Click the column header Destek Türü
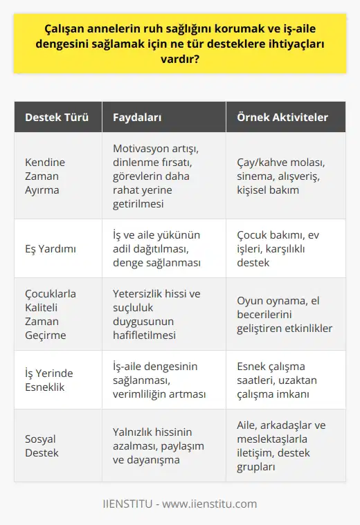coord(57,118)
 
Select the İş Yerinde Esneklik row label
coord(48,380)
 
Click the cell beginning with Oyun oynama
coord(282,313)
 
